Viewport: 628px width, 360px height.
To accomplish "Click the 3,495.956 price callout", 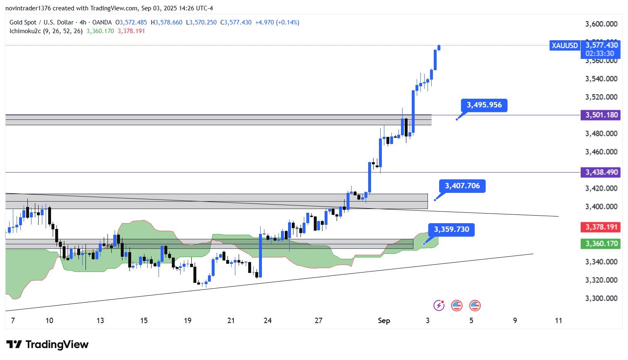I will point(484,105).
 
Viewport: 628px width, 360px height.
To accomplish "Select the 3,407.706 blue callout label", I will point(462,186).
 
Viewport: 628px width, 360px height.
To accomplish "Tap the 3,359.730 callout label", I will point(451,229).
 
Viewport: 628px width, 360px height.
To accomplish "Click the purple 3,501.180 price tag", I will point(601,115).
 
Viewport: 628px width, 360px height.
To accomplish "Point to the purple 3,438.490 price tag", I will point(601,172).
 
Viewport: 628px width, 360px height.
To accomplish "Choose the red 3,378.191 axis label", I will point(601,227).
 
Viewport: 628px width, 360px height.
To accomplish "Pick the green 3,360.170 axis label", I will point(601,243).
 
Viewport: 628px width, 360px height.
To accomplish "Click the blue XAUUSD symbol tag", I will point(564,46).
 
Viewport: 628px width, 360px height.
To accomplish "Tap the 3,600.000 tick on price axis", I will point(601,24).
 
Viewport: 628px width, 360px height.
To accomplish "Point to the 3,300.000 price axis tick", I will point(601,298).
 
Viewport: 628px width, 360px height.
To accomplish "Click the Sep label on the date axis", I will point(384,321).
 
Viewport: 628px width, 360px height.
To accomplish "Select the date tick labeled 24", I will point(268,321).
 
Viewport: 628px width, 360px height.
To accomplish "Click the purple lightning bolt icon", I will point(439,306).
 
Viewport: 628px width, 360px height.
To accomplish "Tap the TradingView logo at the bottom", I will point(47,345).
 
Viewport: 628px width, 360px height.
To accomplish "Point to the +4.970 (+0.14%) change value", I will point(277,22).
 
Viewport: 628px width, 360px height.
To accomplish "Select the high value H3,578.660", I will point(166,22).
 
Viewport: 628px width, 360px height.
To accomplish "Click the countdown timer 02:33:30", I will point(600,54).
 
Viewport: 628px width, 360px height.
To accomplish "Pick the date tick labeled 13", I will point(100,321).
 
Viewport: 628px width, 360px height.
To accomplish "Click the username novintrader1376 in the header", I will point(28,8).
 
